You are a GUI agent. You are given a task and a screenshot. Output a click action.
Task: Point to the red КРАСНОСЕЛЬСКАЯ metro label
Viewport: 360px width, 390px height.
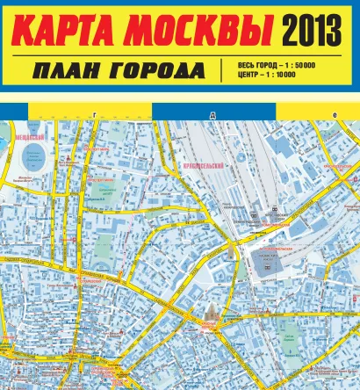337,165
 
